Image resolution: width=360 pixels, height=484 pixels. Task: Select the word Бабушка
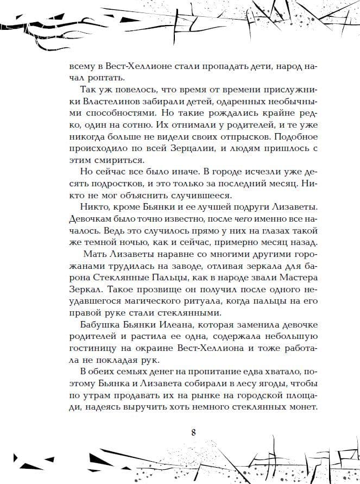click(x=100, y=325)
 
